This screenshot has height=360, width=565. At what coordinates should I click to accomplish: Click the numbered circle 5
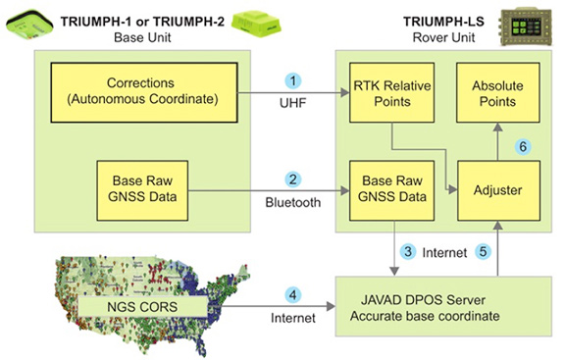tap(481, 251)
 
